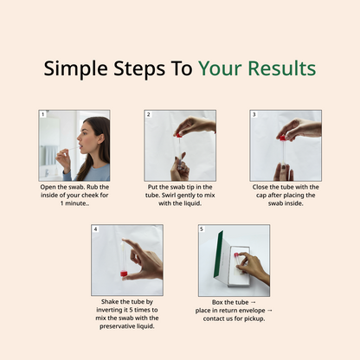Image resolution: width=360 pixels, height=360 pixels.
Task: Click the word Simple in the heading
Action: click(x=75, y=69)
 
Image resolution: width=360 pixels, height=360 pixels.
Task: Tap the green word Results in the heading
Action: click(x=282, y=68)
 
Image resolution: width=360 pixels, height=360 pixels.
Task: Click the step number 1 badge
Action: click(x=42, y=114)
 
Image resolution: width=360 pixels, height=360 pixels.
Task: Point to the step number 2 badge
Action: click(x=148, y=114)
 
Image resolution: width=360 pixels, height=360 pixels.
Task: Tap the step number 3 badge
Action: click(x=254, y=114)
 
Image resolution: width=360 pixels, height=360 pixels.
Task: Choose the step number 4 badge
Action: click(x=95, y=229)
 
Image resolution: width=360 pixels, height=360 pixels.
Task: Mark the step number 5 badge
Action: click(x=202, y=229)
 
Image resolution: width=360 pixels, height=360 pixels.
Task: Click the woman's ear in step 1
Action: click(x=100, y=139)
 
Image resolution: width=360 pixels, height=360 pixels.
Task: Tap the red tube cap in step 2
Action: click(x=179, y=135)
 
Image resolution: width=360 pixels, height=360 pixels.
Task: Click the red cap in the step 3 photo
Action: click(x=282, y=138)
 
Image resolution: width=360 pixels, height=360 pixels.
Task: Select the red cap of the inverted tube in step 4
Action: click(x=124, y=273)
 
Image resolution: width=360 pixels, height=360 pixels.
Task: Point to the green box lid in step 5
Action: click(x=219, y=254)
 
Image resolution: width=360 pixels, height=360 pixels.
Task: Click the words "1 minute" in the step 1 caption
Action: click(x=73, y=203)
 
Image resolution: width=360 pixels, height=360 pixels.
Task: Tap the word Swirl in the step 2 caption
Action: click(x=169, y=196)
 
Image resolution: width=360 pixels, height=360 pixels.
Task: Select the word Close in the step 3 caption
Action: click(x=260, y=187)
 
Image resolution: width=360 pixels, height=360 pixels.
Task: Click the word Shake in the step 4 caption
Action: click(x=110, y=302)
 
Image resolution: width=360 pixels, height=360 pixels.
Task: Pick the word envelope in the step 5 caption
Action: click(x=250, y=311)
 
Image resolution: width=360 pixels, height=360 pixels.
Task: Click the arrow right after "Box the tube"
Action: click(x=254, y=302)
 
